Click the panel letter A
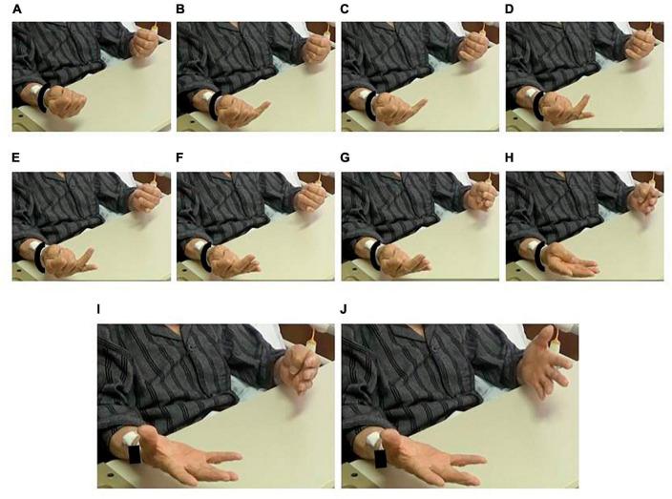(x=17, y=9)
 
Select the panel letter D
(x=510, y=9)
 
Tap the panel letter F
(x=179, y=157)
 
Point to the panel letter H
(x=510, y=157)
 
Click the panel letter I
(x=99, y=309)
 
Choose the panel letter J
(x=344, y=309)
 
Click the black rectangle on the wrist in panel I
(x=135, y=454)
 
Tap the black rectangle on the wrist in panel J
(x=380, y=459)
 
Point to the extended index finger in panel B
(x=259, y=108)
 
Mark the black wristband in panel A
(x=43, y=98)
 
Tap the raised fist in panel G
(x=482, y=196)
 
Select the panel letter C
(x=345, y=9)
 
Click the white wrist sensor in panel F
(x=199, y=247)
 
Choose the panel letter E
(x=16, y=157)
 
